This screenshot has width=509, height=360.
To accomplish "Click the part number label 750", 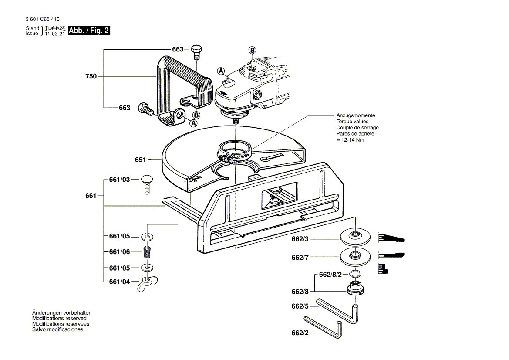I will click(91, 76).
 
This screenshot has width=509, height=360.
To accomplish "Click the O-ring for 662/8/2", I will click(355, 274).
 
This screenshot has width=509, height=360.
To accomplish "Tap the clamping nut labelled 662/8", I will click(355, 289).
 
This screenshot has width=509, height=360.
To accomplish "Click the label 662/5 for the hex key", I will click(300, 306).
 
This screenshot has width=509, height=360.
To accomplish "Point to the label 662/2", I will click(300, 333).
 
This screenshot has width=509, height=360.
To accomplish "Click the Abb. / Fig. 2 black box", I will click(89, 31).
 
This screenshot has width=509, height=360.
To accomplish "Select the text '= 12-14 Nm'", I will click(350, 140).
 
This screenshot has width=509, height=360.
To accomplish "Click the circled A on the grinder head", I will click(221, 71).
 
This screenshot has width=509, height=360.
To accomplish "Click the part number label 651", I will click(140, 160).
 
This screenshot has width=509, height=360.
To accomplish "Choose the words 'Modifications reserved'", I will click(59, 319).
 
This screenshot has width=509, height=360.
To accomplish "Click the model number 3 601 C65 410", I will click(43, 19).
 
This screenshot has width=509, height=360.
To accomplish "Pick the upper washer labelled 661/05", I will click(147, 237).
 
